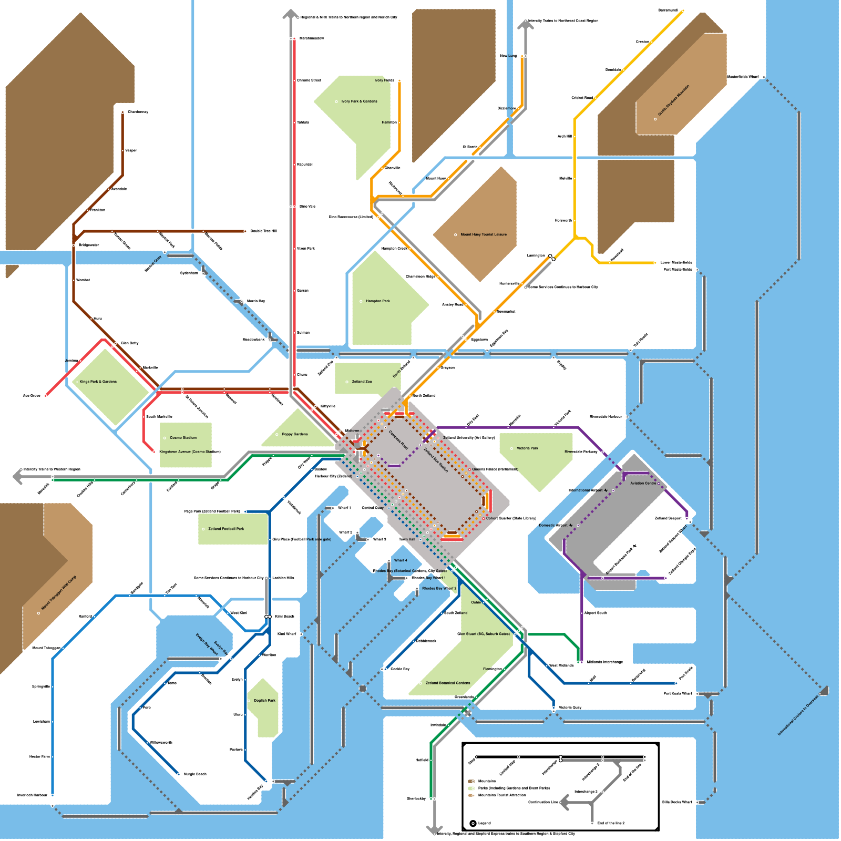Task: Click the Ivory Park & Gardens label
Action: coord(359,101)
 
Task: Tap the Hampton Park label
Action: coord(378,301)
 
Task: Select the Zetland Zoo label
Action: coord(362,382)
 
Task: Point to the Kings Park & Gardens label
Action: coord(98,382)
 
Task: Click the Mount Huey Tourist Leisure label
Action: coord(484,234)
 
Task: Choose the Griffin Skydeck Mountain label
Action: coord(673,100)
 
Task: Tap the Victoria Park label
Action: coord(527,448)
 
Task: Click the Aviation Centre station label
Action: coord(643,483)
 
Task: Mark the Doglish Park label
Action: coord(264,700)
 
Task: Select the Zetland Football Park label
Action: coord(226,529)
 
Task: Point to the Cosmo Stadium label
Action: coord(183,437)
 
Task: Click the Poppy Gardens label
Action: coord(294,434)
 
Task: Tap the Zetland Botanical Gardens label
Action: coord(448,683)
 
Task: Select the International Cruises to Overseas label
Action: coord(798,716)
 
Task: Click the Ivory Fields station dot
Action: coord(399,81)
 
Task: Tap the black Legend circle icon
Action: coord(473,824)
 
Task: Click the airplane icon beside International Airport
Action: coord(606,490)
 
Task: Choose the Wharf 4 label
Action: coord(401,560)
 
